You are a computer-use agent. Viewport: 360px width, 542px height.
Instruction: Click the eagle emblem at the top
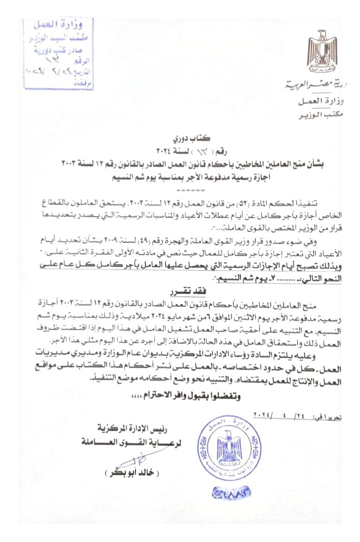tap(322, 53)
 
